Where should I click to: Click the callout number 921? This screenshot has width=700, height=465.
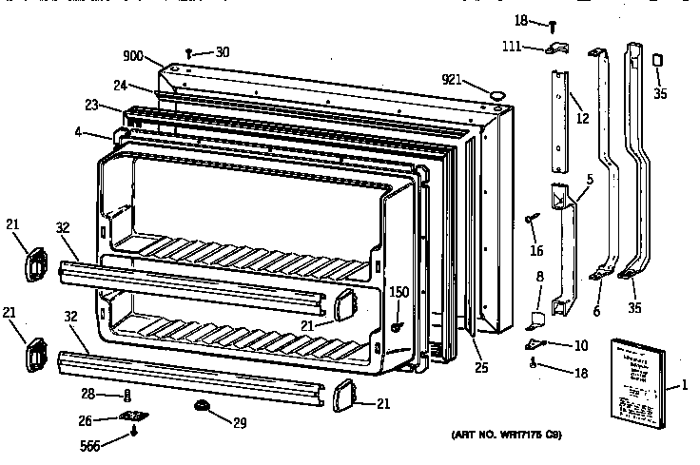tap(454, 79)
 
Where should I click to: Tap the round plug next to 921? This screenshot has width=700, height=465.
tap(495, 93)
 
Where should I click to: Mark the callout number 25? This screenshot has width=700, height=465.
tap(481, 367)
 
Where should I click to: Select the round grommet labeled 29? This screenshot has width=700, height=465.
tap(201, 406)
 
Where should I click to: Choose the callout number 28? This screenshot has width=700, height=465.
tap(88, 394)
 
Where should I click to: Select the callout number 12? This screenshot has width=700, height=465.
tap(583, 119)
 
